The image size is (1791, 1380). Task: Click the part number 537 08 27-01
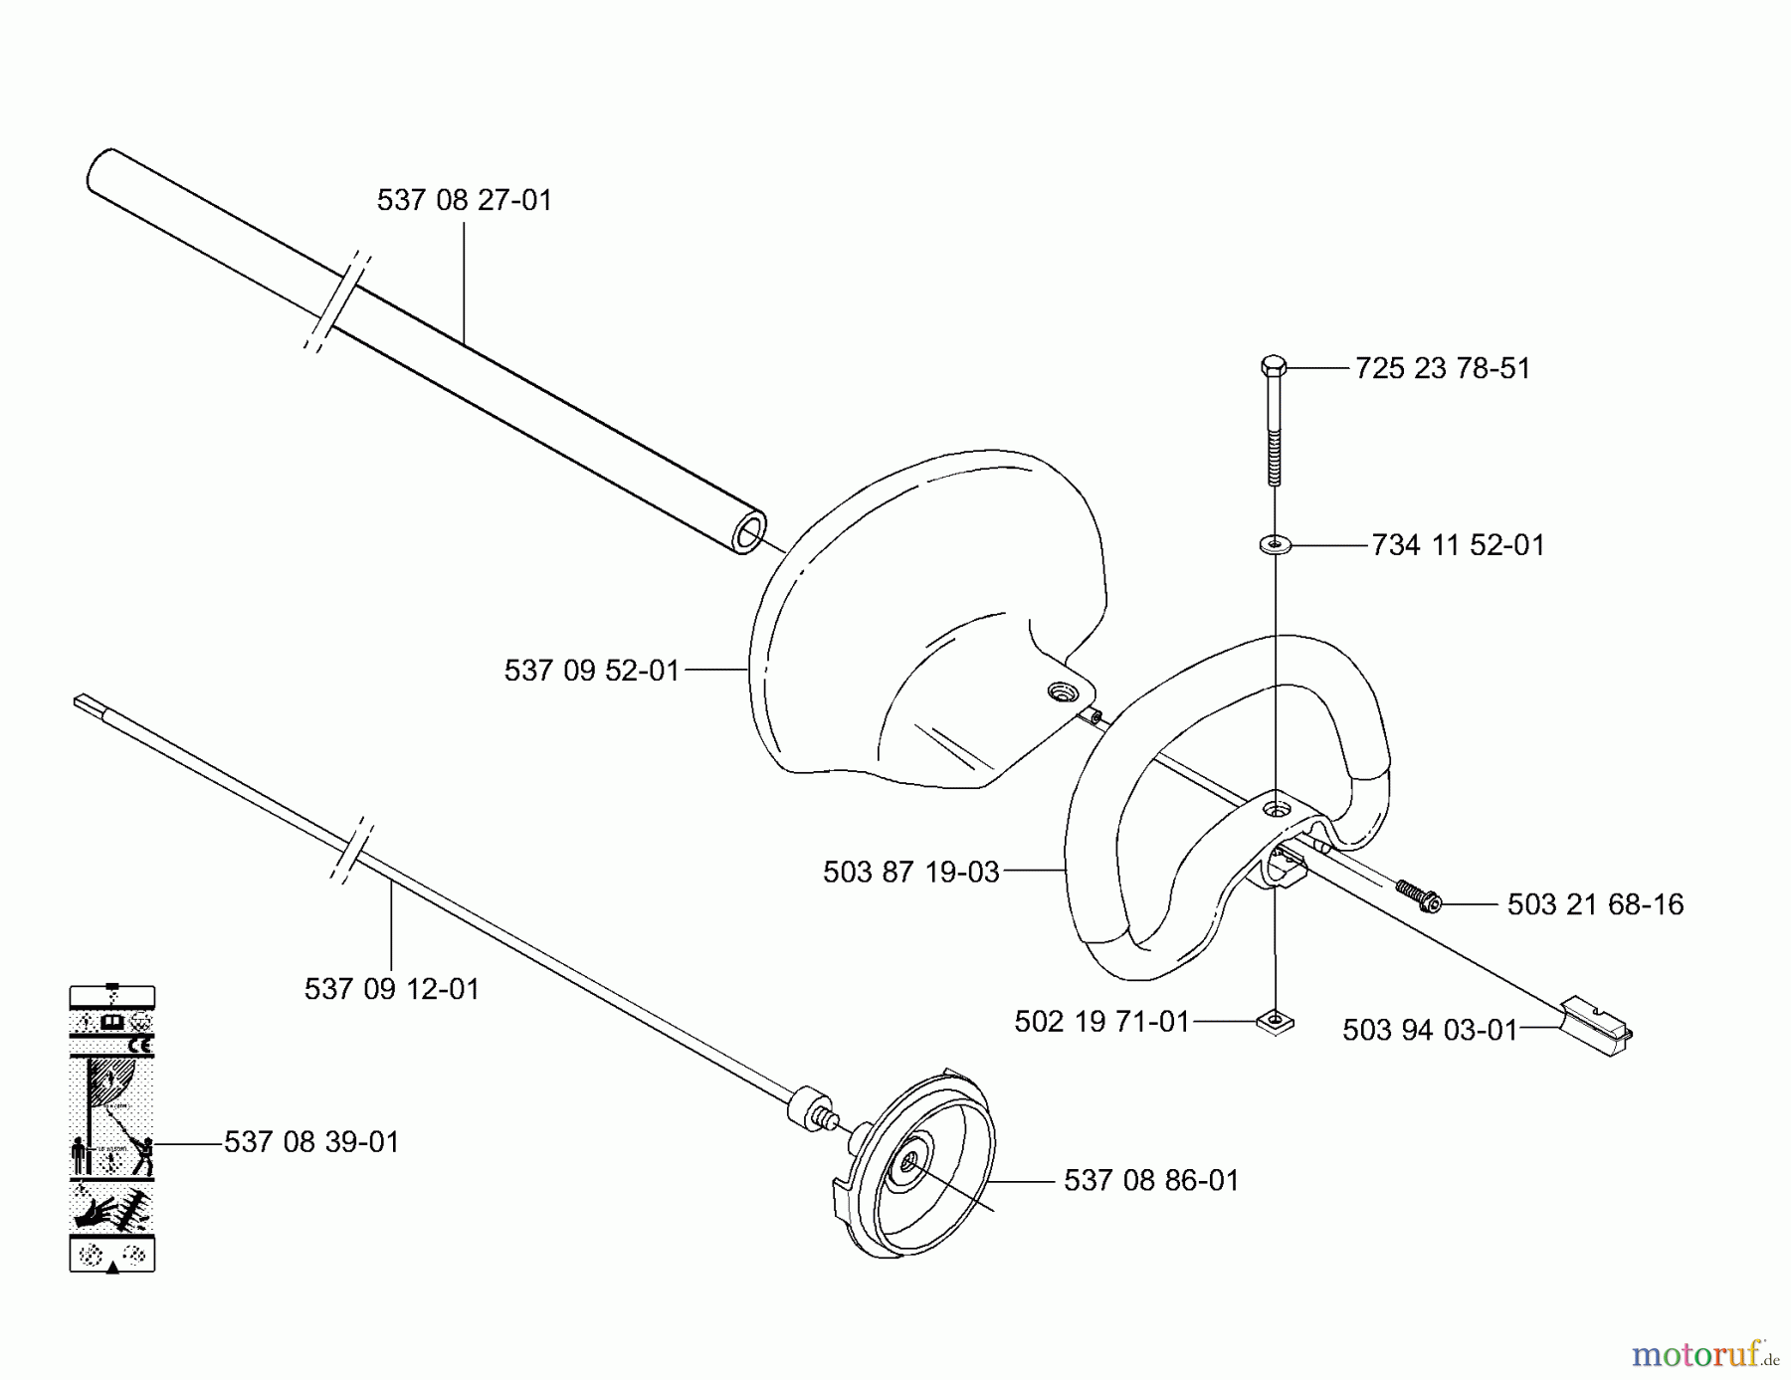464,201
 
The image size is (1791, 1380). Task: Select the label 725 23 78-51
1442,369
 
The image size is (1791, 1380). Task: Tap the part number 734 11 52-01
1458,546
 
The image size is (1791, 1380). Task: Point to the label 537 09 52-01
591,672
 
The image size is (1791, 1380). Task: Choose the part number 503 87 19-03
910,874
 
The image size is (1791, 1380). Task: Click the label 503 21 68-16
1595,905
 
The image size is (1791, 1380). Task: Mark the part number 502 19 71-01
1101,1023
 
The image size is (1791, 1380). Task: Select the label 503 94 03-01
1430,1031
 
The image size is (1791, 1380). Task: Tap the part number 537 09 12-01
391,990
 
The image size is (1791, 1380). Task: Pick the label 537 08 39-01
311,1143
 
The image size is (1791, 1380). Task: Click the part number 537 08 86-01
1151,1182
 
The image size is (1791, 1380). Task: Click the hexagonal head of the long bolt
1274,366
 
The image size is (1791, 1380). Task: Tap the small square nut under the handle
1275,1022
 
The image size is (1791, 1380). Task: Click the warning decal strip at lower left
111,1128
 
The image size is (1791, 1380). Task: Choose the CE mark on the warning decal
140,1046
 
